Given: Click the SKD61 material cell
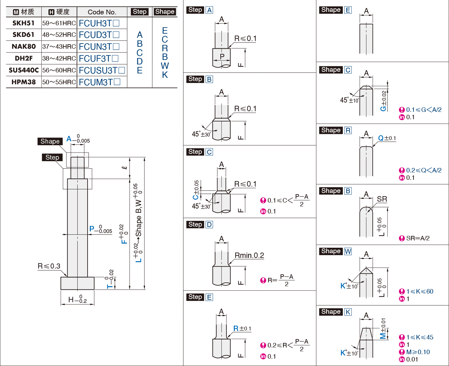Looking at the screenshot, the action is click(23, 35).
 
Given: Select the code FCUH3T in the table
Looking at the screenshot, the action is click(95, 23).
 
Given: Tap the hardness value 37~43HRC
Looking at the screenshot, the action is click(59, 46).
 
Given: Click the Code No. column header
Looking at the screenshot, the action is click(102, 12).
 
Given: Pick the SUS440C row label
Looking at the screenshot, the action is click(24, 70).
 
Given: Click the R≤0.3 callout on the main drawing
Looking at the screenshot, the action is click(49, 266).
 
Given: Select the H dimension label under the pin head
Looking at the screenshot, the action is click(71, 300).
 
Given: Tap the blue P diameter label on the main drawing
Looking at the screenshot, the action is click(92, 229).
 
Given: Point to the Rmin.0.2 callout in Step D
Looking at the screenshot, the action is click(249, 255).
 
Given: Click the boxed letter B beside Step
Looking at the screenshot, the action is click(209, 79).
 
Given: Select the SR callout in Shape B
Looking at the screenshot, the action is click(382, 199).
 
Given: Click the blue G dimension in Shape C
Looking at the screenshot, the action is click(383, 108).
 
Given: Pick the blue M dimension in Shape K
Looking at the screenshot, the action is click(383, 336).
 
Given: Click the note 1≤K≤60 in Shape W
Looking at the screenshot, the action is click(419, 291).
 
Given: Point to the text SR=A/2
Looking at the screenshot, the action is click(418, 238).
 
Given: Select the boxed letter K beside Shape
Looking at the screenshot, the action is click(348, 312).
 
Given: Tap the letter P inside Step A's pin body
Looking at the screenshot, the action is click(222, 56).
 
